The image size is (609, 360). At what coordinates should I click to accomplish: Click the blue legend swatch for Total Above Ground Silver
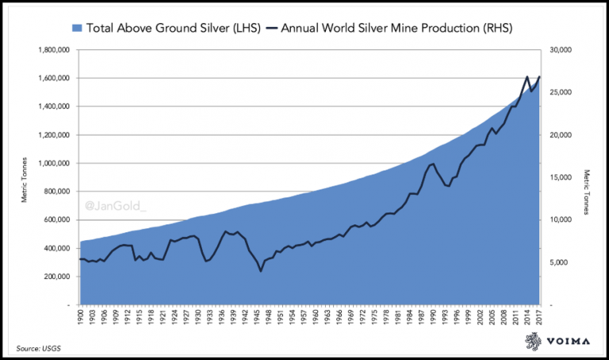77,29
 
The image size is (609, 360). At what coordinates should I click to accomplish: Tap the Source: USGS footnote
36,347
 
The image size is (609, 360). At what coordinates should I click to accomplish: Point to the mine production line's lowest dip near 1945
260,271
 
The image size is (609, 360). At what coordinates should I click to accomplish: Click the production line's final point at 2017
539,77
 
